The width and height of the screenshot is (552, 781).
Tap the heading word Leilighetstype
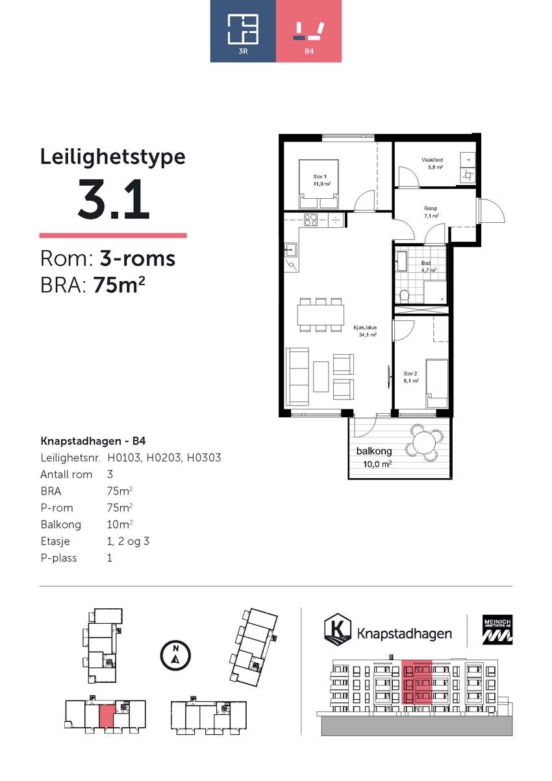[x=112, y=157]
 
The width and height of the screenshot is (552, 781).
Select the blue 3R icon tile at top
[x=243, y=31]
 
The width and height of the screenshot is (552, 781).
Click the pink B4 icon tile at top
[x=309, y=31]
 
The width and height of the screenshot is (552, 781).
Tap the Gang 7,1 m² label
[x=431, y=212]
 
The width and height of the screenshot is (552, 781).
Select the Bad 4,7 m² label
[x=427, y=266]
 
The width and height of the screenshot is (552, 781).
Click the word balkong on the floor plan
[x=373, y=451]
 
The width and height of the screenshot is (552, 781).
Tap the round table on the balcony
[x=422, y=443]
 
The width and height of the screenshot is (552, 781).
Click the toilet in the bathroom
[x=404, y=296]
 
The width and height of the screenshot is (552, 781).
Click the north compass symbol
[x=175, y=654]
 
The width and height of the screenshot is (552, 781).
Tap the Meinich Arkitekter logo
[x=496, y=630]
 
